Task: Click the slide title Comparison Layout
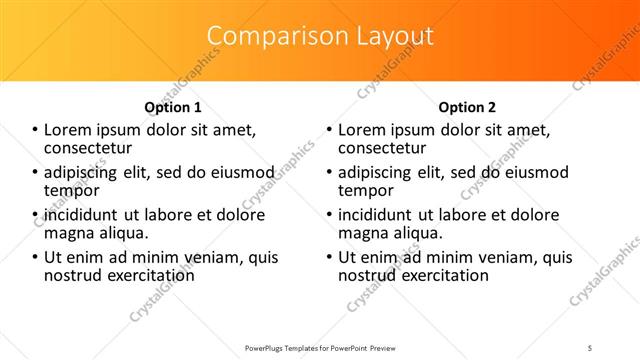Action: [320, 36]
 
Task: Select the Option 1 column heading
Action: [173, 107]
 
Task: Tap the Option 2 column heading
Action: [467, 107]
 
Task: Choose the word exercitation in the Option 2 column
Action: [441, 275]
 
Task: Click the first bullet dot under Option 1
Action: [35, 130]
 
